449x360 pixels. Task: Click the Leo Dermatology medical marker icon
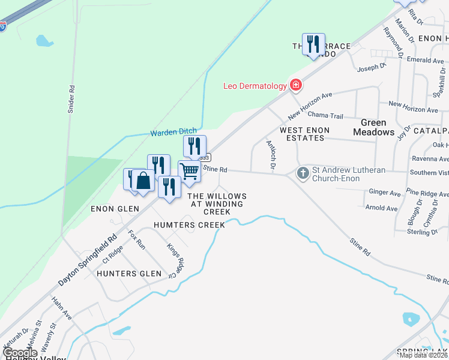pos(295,86)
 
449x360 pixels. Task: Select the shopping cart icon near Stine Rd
pos(190,171)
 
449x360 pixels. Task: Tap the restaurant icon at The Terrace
pos(313,44)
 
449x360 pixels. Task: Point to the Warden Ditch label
pos(173,133)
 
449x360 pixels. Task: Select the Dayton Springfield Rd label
pos(88,260)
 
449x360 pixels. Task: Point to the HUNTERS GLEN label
pos(129,274)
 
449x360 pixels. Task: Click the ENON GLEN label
pos(115,209)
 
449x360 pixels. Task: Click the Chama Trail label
pos(325,115)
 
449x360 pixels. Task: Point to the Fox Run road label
pos(137,239)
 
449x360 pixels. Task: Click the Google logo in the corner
pos(19,353)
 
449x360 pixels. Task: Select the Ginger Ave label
pos(385,193)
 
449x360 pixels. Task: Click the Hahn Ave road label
pos(61,308)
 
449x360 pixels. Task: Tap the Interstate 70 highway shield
pos(2,26)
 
